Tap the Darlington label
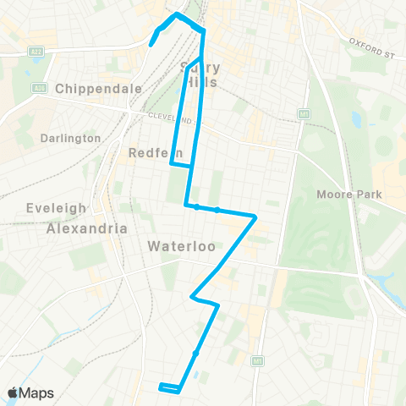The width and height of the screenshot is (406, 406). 69,137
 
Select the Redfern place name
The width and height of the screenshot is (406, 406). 150,152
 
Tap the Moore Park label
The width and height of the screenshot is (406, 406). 349,195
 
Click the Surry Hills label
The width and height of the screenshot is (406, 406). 200,75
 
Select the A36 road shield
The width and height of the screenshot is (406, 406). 37,87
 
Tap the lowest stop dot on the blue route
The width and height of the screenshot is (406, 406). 195,353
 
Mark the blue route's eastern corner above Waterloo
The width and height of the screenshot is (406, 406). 255,217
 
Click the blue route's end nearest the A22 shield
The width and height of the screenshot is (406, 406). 151,44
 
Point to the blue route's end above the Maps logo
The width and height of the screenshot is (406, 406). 160,387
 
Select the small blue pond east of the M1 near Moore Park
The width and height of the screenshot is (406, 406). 354,119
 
